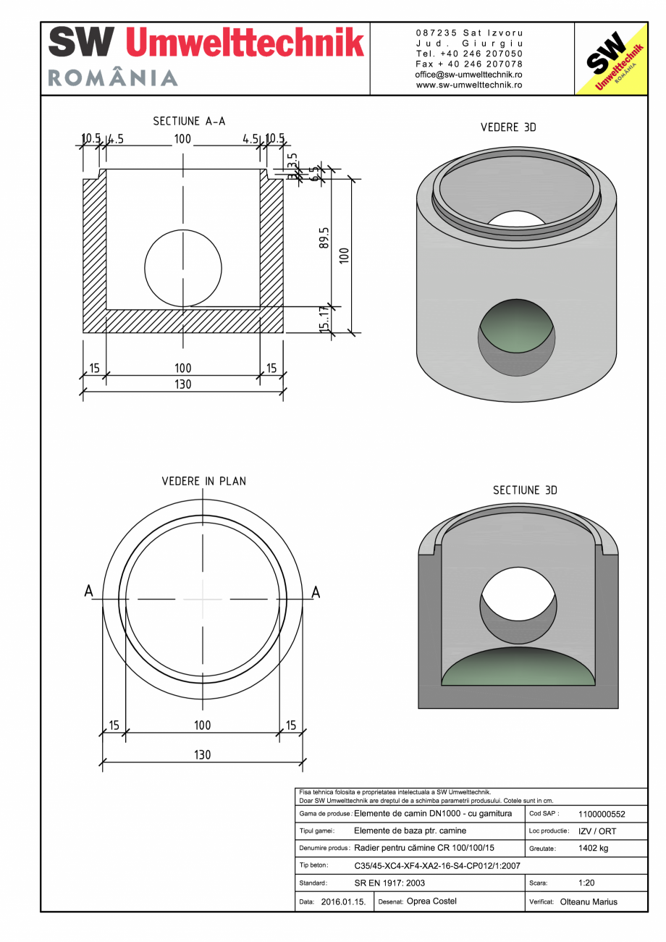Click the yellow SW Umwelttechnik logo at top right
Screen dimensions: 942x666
coord(610,59)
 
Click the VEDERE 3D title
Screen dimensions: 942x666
coord(508,127)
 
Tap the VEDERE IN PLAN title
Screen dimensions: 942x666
coord(203,481)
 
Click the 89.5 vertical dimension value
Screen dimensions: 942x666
coord(324,238)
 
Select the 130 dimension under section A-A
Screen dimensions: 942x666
coord(183,384)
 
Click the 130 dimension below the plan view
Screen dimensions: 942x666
coord(202,754)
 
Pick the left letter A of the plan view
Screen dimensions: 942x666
coord(88,592)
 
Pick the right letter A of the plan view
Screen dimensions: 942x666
coord(316,592)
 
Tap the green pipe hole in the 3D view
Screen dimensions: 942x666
coord(517,335)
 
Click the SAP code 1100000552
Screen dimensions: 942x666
coord(602,814)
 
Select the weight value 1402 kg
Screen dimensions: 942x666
coord(593,848)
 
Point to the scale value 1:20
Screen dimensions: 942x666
coord(587,883)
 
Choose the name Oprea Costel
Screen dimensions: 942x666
coord(431,901)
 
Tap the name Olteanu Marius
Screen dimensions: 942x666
coord(589,902)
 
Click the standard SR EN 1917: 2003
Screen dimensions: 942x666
coord(389,883)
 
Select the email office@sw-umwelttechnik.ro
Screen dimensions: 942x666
coord(468,75)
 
